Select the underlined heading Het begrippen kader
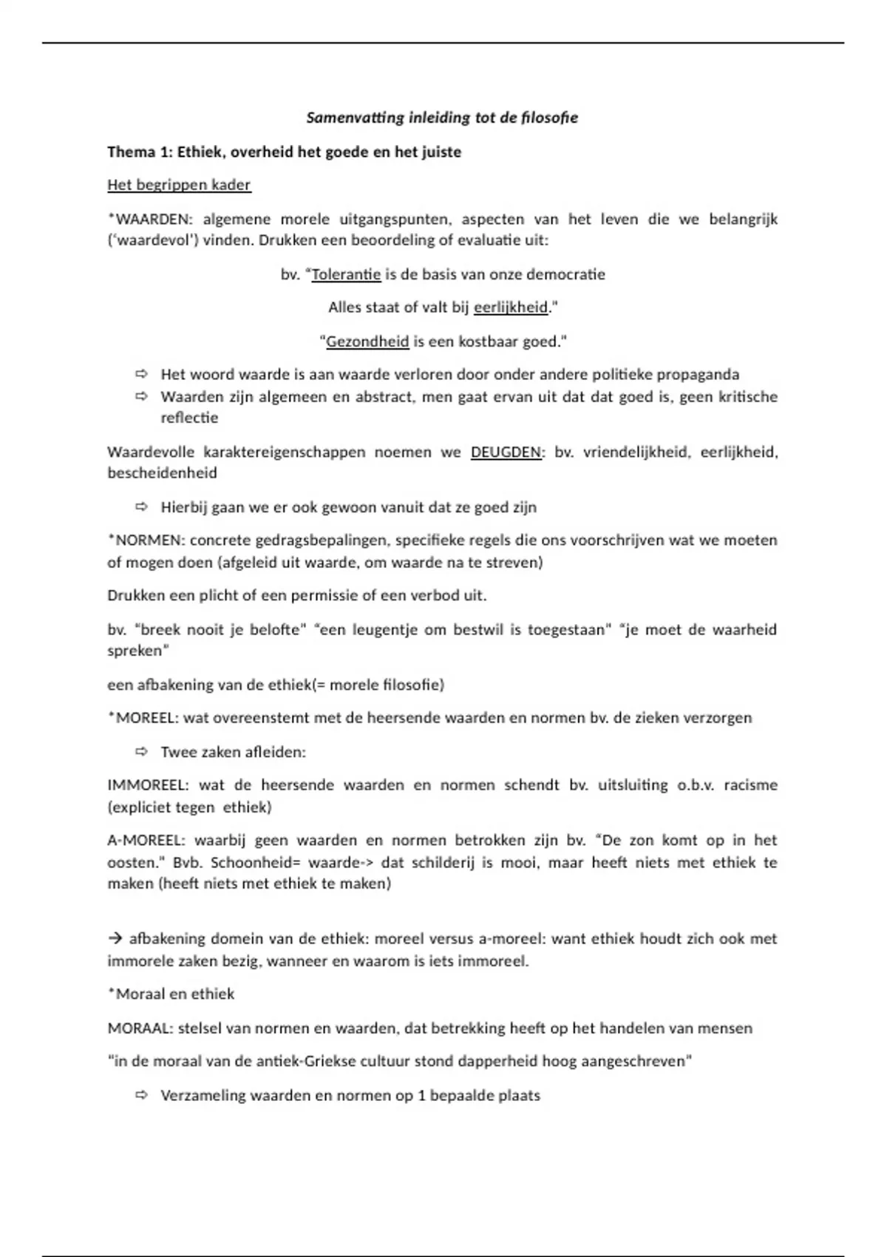tap(179, 185)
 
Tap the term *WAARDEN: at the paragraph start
tap(150, 219)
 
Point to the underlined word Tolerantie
tap(346, 274)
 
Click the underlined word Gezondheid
tap(367, 342)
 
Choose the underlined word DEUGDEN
tap(506, 452)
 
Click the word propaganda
tap(698, 375)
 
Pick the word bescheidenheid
tap(162, 473)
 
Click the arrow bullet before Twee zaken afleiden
tap(141, 752)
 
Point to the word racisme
tap(750, 785)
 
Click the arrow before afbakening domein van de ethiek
tap(115, 939)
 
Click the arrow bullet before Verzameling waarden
tap(141, 1095)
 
